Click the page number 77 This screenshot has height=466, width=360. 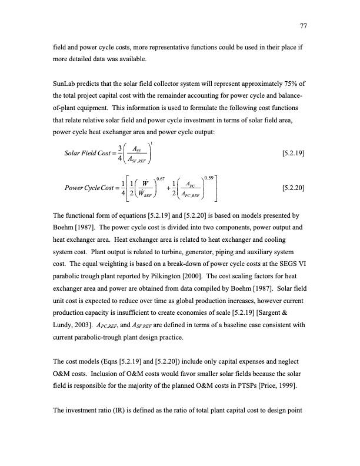pyautogui.click(x=305, y=26)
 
